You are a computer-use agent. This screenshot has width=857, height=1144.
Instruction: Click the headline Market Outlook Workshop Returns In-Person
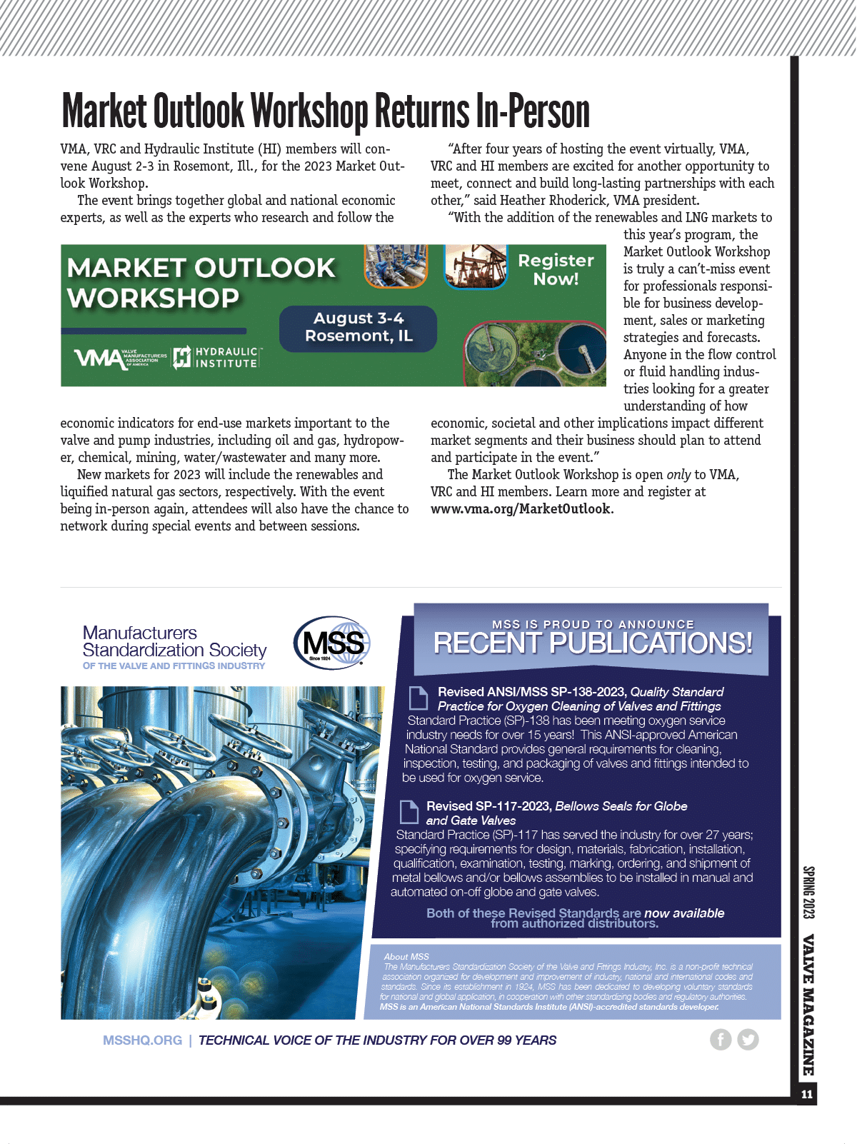326,111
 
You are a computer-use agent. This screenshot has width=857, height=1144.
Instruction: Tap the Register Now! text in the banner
556,270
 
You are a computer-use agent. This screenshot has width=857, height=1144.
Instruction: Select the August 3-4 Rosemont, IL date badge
358,328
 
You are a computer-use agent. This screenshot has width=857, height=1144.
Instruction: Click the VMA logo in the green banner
120,357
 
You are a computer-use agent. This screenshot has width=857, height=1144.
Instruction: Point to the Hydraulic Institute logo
217,357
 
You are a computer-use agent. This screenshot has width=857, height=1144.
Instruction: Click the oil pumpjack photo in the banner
476,266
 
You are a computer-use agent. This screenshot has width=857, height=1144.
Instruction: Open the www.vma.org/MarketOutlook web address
521,509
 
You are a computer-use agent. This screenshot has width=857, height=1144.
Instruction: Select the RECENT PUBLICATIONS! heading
593,643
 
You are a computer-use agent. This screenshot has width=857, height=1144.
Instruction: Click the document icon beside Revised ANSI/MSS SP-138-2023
418,698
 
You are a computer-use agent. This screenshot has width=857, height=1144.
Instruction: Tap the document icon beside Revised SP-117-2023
409,812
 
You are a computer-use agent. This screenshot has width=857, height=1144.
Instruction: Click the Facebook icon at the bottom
721,1040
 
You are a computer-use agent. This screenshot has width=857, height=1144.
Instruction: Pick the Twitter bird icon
748,1040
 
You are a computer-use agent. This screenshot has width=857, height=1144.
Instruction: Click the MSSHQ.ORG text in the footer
142,1040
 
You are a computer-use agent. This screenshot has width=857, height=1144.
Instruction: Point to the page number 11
807,1095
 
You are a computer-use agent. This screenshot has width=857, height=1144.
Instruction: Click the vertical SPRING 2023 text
808,893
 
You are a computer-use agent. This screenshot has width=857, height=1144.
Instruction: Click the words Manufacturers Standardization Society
174,641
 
